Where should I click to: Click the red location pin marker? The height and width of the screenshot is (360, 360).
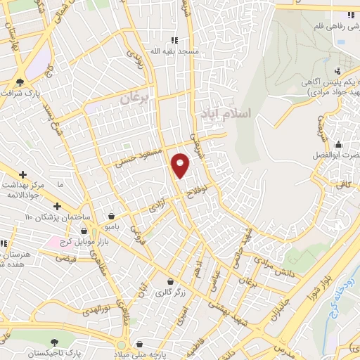click(181, 165)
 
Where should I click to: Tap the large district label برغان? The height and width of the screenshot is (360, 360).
click(135, 98)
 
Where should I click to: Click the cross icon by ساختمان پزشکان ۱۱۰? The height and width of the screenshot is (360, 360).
click(57, 206)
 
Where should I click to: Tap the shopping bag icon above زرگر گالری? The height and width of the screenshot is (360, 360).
click(169, 281)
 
